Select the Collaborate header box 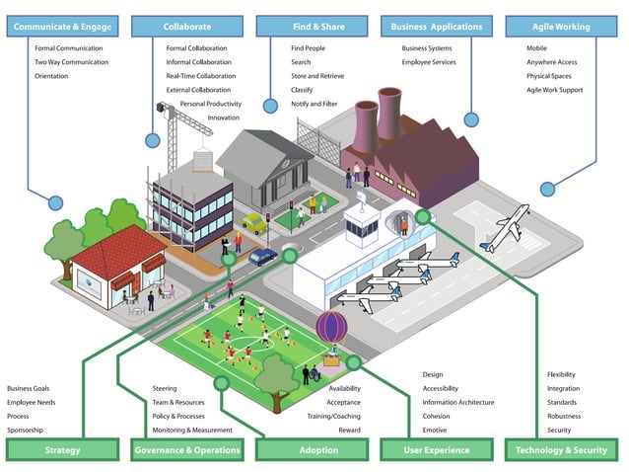click(187, 27)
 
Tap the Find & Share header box click(313, 27)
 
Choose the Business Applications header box click(435, 27)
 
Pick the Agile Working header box click(561, 27)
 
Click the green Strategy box click(62, 450)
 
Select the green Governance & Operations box click(186, 450)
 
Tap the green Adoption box click(312, 450)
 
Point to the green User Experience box click(436, 450)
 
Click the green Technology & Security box click(561, 450)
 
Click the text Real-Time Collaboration click(200, 76)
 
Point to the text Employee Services click(429, 62)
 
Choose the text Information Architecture click(458, 403)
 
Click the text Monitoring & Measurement click(192, 431)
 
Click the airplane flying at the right click(505, 228)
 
